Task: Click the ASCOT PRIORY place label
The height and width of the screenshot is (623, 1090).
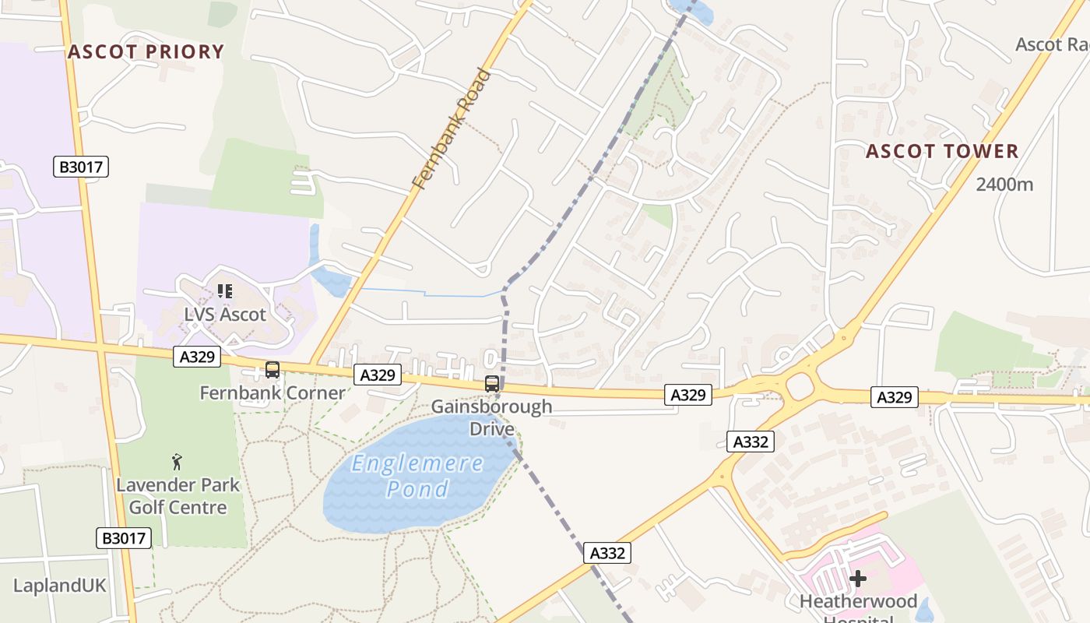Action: point(146,52)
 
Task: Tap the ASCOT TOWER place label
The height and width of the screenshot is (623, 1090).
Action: point(942,151)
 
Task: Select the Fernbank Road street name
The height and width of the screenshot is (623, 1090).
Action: point(452,129)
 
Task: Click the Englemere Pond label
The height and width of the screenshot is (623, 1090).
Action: point(417,476)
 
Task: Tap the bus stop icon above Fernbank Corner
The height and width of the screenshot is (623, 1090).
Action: point(272,370)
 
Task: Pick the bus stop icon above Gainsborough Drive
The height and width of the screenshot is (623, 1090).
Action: point(492,383)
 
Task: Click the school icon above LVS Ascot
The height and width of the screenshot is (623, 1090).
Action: point(225,291)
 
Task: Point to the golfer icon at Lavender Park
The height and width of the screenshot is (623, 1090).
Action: point(178,462)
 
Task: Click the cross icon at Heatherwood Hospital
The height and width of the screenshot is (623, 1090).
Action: point(857,579)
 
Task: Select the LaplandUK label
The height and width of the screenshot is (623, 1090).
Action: point(59,586)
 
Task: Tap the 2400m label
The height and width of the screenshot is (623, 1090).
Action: point(1004,185)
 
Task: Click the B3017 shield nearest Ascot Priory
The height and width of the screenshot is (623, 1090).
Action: point(81,167)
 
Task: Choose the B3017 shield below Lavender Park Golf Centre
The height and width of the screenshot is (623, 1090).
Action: point(124,538)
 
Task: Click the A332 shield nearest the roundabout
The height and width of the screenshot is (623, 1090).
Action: point(751,442)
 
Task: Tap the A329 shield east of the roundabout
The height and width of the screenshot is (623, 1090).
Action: point(894,398)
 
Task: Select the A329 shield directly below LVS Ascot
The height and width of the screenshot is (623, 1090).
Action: point(197,357)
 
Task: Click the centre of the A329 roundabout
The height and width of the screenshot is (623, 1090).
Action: point(800,385)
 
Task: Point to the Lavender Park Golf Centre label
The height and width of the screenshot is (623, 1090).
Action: point(178,496)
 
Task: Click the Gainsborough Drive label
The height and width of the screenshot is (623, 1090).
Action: point(491,417)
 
